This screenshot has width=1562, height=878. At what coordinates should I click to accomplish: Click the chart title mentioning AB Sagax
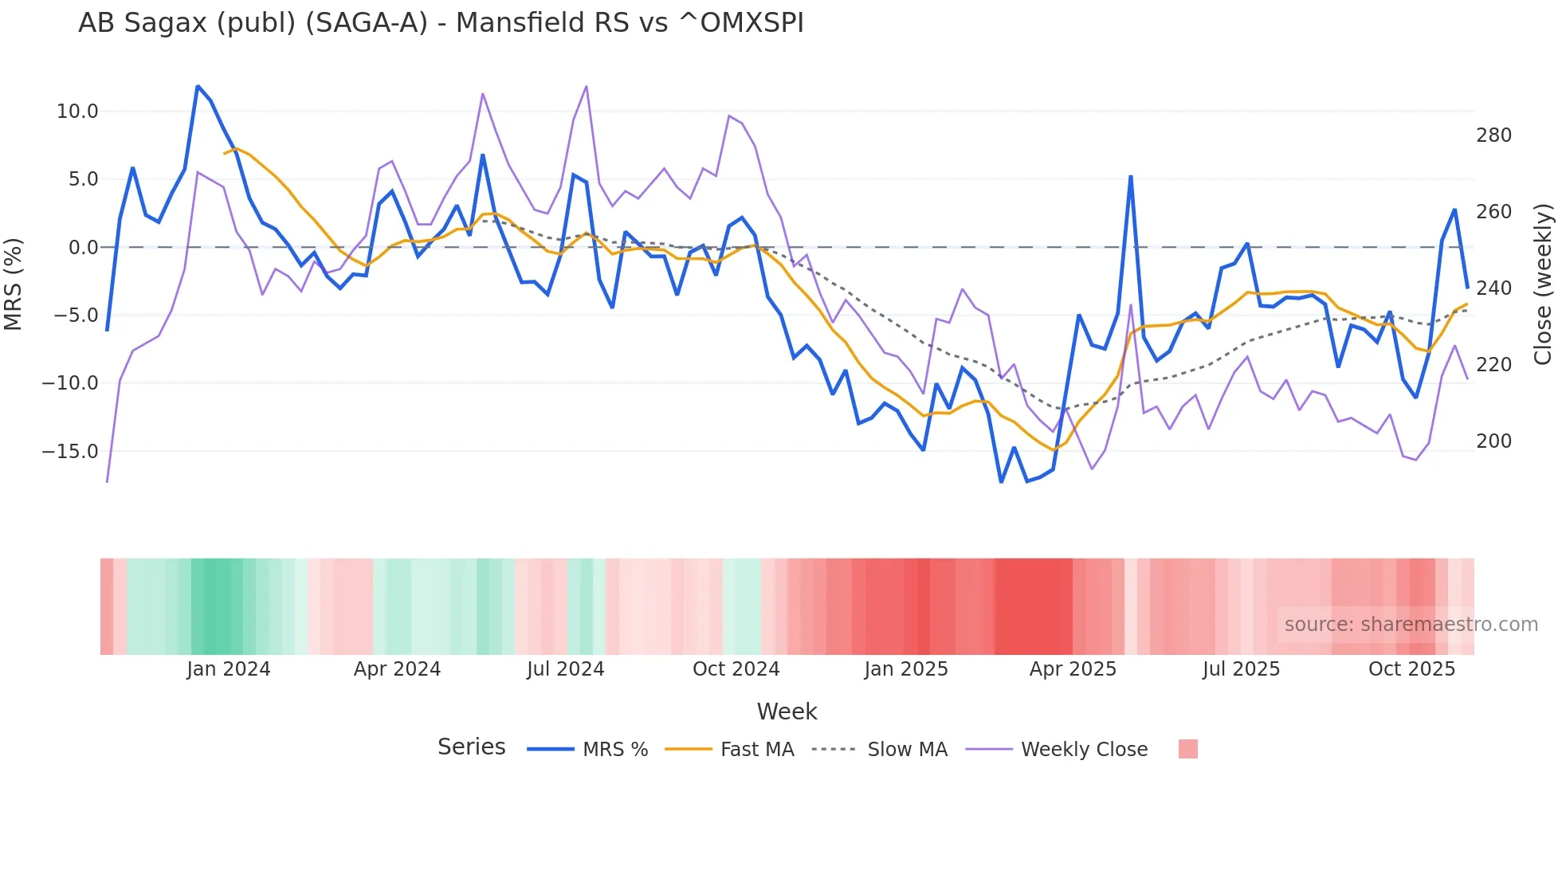(x=441, y=23)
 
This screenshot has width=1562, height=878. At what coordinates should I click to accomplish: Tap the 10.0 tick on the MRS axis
(x=77, y=112)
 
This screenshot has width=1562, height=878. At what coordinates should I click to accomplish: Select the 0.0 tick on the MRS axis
(x=83, y=248)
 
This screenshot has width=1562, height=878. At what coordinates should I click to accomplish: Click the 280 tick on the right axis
(x=1493, y=135)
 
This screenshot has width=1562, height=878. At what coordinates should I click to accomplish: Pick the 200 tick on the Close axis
(x=1493, y=441)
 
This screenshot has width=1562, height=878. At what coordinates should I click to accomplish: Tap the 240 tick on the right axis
(x=1493, y=288)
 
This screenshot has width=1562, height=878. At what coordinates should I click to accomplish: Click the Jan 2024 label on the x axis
(x=229, y=669)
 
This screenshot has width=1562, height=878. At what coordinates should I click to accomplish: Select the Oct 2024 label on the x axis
(x=736, y=669)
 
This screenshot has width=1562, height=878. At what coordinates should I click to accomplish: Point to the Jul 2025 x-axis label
(x=1241, y=669)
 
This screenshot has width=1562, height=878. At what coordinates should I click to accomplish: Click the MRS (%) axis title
(x=14, y=284)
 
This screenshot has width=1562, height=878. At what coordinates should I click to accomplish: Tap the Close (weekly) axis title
(x=1543, y=284)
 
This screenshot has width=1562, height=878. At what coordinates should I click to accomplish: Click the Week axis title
(x=787, y=711)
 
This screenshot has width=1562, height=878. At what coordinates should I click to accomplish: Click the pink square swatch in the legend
(x=1187, y=749)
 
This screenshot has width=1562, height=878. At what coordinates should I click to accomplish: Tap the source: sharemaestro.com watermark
(x=1411, y=625)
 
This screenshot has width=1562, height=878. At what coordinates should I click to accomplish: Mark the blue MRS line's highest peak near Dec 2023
(x=198, y=86)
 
